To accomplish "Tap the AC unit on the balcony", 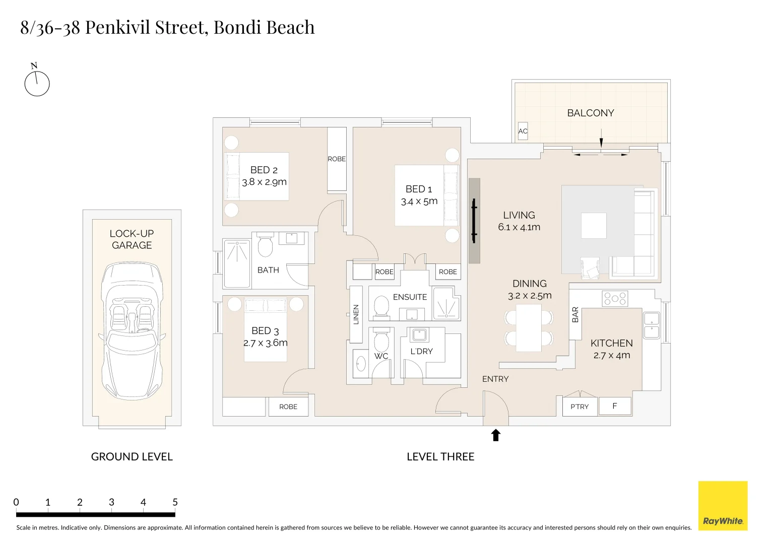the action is [523, 131].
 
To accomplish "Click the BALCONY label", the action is [590, 113].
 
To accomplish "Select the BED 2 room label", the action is [264, 170].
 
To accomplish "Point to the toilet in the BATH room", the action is [265, 244].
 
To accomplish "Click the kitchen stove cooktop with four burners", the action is [615, 298].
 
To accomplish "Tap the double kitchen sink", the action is [651, 325].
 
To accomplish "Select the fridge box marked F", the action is [615, 406].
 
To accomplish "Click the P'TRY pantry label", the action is [579, 406].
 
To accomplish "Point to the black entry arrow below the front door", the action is [495, 435].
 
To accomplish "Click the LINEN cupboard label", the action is [356, 314].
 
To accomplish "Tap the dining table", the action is [529, 328].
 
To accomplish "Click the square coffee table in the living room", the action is [594, 226].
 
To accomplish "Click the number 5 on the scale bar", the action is [175, 502].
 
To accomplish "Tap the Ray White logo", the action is [723, 506].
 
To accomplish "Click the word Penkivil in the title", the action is [118, 27].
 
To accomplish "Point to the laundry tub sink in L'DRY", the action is [419, 335].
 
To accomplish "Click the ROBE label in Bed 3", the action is [288, 406].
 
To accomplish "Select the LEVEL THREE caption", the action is [440, 456].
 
